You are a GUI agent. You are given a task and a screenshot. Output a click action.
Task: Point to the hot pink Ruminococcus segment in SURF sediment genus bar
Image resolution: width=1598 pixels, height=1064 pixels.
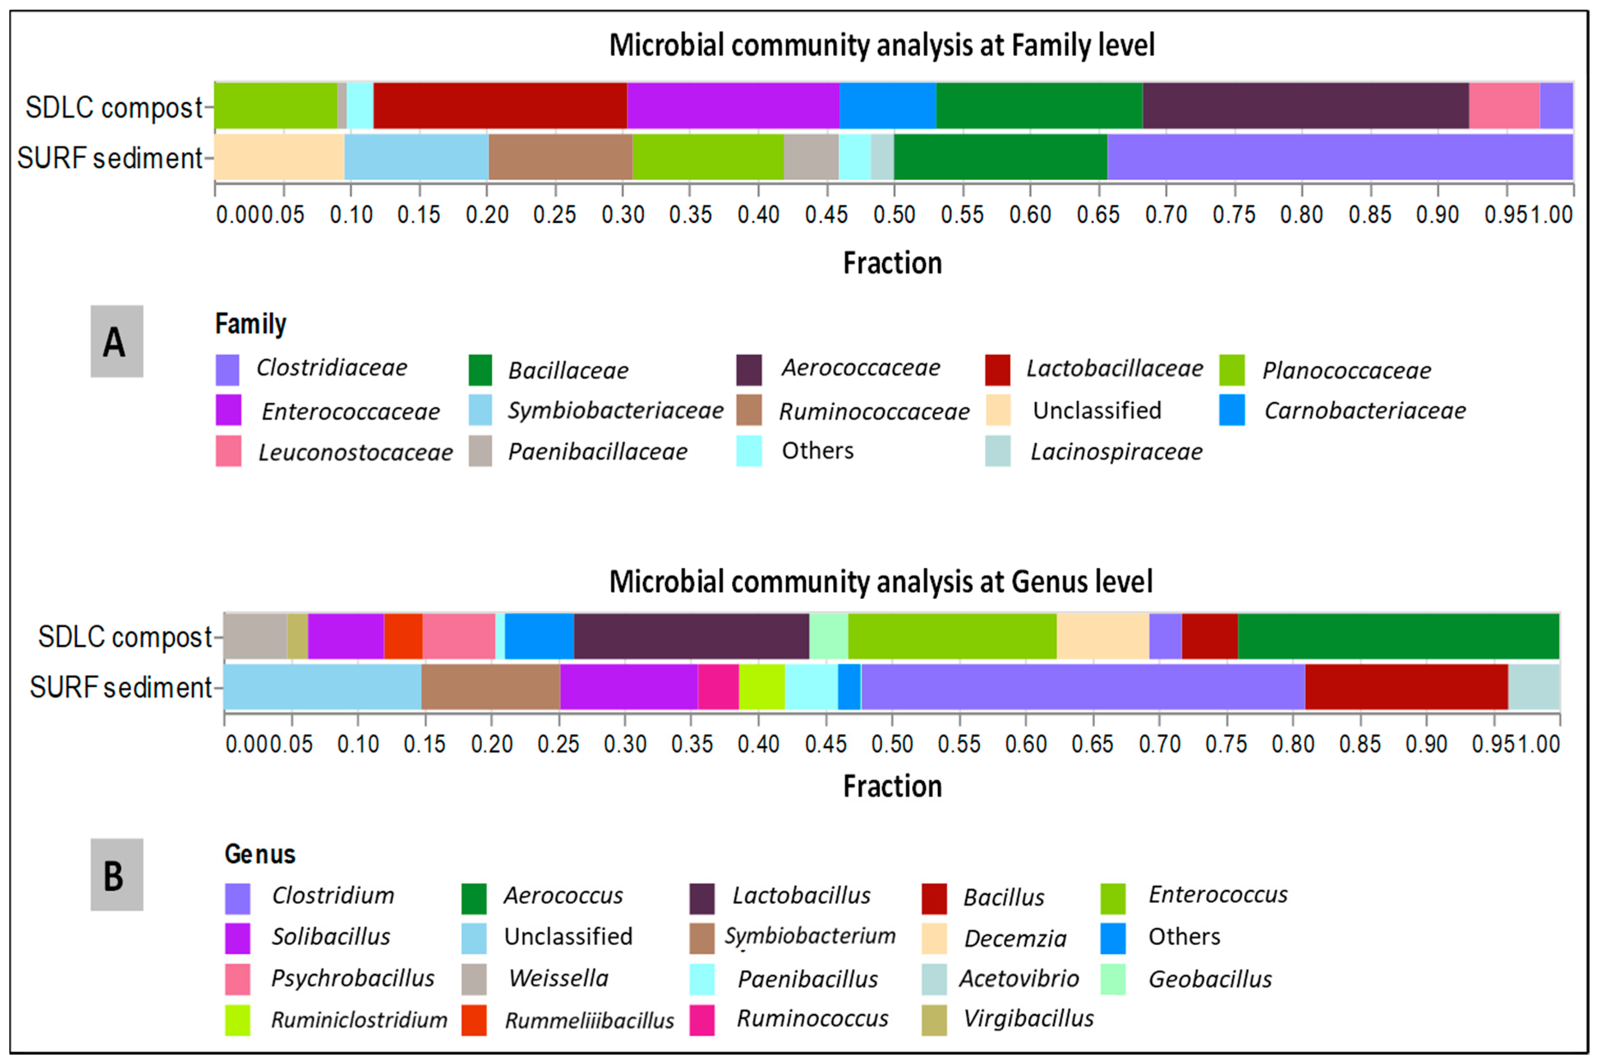tap(718, 687)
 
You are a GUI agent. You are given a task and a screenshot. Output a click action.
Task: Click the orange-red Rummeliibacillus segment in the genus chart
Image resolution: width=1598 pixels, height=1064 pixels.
tap(403, 636)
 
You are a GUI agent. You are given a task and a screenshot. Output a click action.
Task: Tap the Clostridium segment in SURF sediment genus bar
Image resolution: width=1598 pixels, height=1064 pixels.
tap(1082, 687)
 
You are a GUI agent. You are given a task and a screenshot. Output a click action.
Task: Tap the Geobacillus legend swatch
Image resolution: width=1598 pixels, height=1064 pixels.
tap(1112, 979)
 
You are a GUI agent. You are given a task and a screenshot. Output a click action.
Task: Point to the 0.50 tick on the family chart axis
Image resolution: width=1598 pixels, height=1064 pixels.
tap(894, 215)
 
